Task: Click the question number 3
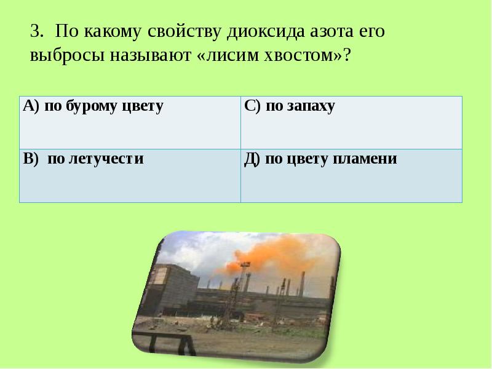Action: tap(35, 32)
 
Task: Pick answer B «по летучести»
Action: tap(84, 159)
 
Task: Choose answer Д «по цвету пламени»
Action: tap(320, 159)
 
